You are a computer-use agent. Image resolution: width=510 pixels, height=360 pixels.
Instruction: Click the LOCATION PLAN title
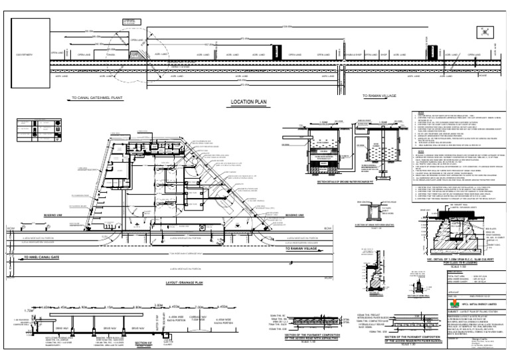coord(248,103)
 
